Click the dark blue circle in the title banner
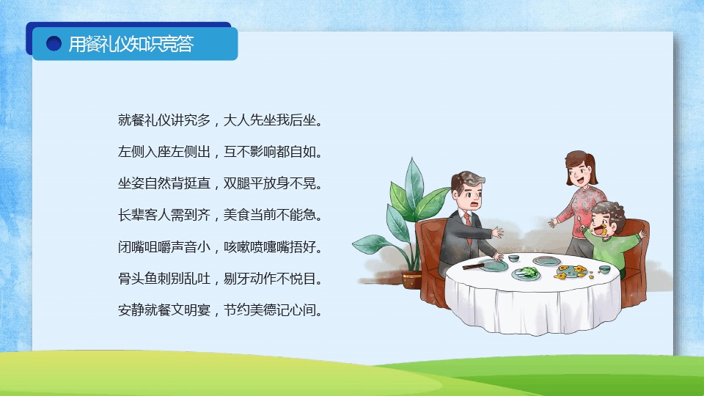[x=54, y=43]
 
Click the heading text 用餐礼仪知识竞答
[x=131, y=44]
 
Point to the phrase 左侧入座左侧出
[x=164, y=152]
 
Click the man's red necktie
[x=468, y=224]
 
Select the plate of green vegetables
[x=527, y=273]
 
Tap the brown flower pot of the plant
[x=411, y=279]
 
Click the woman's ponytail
[x=593, y=169]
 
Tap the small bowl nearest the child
[x=604, y=269]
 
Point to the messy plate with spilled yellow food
[x=572, y=271]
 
